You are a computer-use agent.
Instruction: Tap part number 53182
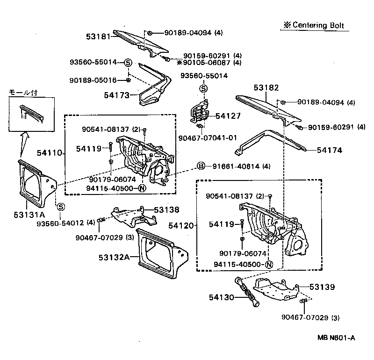[266, 88]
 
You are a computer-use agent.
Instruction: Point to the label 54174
[330, 150]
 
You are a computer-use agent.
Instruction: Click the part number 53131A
[29, 216]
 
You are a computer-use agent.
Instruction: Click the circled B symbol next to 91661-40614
[201, 166]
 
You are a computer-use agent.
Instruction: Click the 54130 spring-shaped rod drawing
[248, 292]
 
